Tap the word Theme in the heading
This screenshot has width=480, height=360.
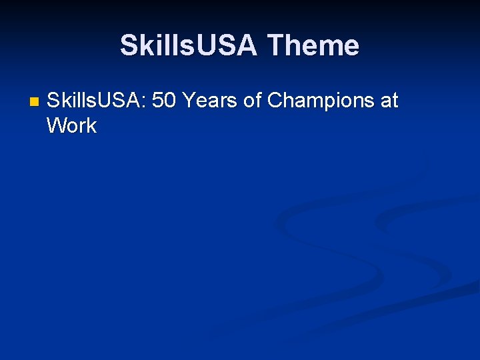(313, 45)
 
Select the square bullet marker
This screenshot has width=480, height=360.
(34, 103)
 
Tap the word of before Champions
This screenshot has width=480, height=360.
(251, 101)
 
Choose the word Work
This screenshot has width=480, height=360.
(72, 125)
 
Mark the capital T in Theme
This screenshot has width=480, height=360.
(275, 45)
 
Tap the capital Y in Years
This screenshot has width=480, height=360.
(188, 101)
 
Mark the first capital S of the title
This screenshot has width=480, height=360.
(128, 45)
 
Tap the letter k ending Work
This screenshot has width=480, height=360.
(92, 125)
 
